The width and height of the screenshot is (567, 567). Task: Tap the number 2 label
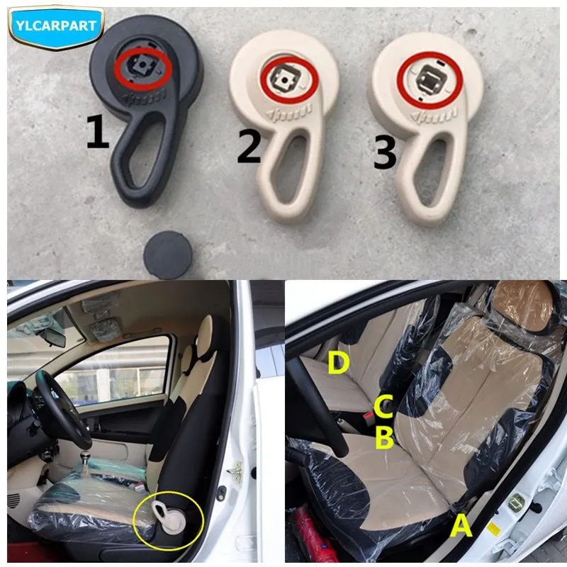coord(249,147)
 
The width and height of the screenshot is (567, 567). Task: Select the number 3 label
coord(384,153)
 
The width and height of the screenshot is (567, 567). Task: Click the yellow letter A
coord(461,527)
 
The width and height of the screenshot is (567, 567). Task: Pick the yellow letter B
coord(384,438)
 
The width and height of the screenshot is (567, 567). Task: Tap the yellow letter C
coord(383,408)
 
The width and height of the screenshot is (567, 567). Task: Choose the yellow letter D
coord(338,364)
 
